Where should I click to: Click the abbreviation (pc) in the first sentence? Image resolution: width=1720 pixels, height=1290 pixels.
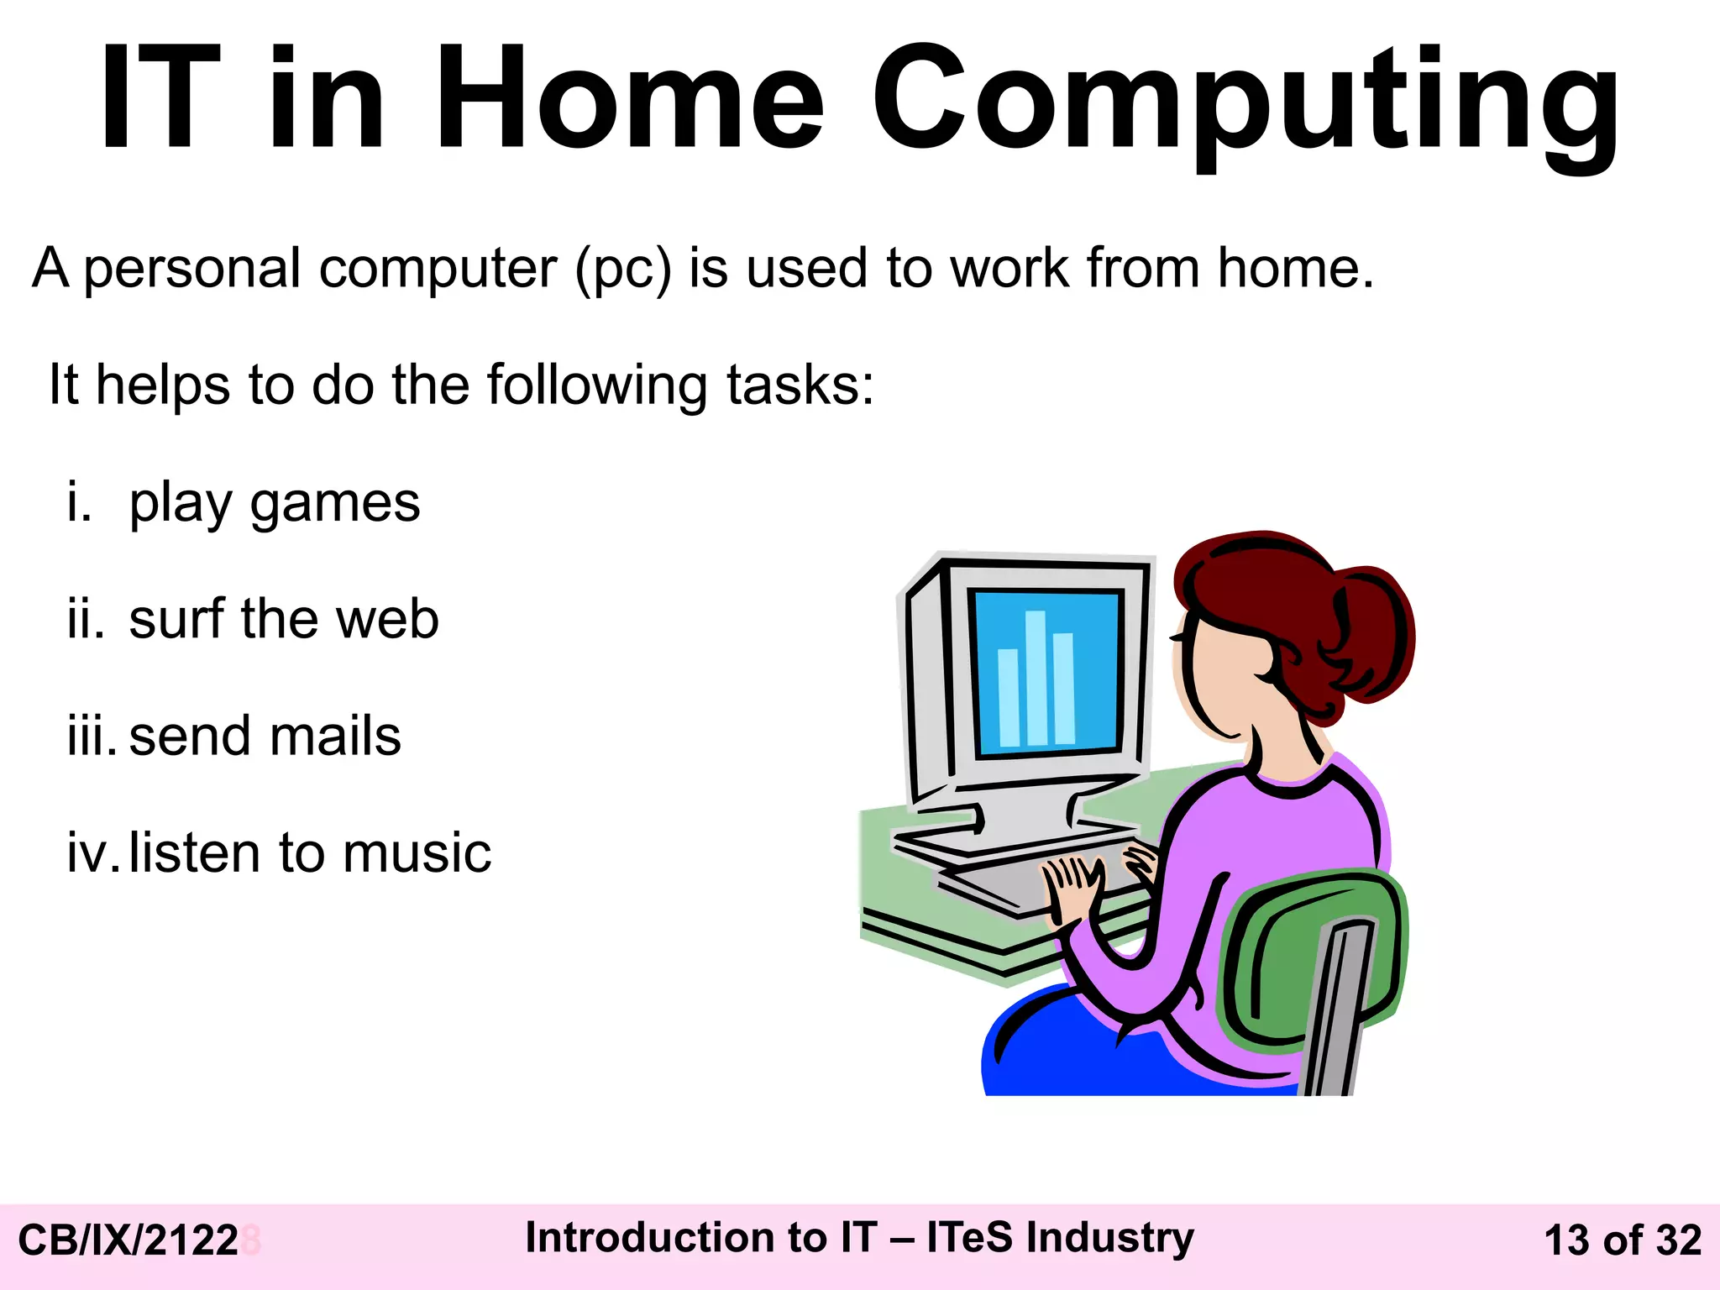click(623, 270)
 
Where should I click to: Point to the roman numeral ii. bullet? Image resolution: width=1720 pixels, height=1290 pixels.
click(87, 620)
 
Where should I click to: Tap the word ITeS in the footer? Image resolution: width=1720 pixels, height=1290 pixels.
click(969, 1238)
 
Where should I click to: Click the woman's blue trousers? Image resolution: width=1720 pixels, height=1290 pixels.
click(1092, 1058)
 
